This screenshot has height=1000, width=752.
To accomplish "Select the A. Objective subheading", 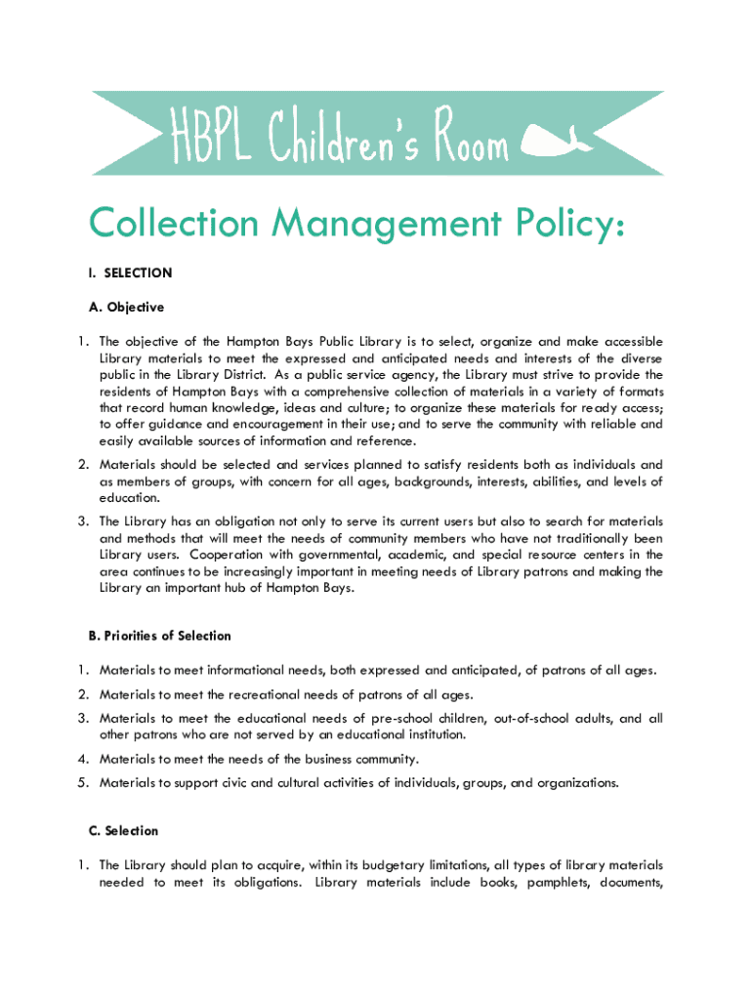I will click(x=126, y=307).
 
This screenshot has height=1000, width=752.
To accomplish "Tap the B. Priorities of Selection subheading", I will click(x=159, y=636).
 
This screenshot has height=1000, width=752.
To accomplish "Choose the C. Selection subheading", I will click(x=123, y=831).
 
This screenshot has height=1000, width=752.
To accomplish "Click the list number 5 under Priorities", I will click(x=85, y=782).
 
